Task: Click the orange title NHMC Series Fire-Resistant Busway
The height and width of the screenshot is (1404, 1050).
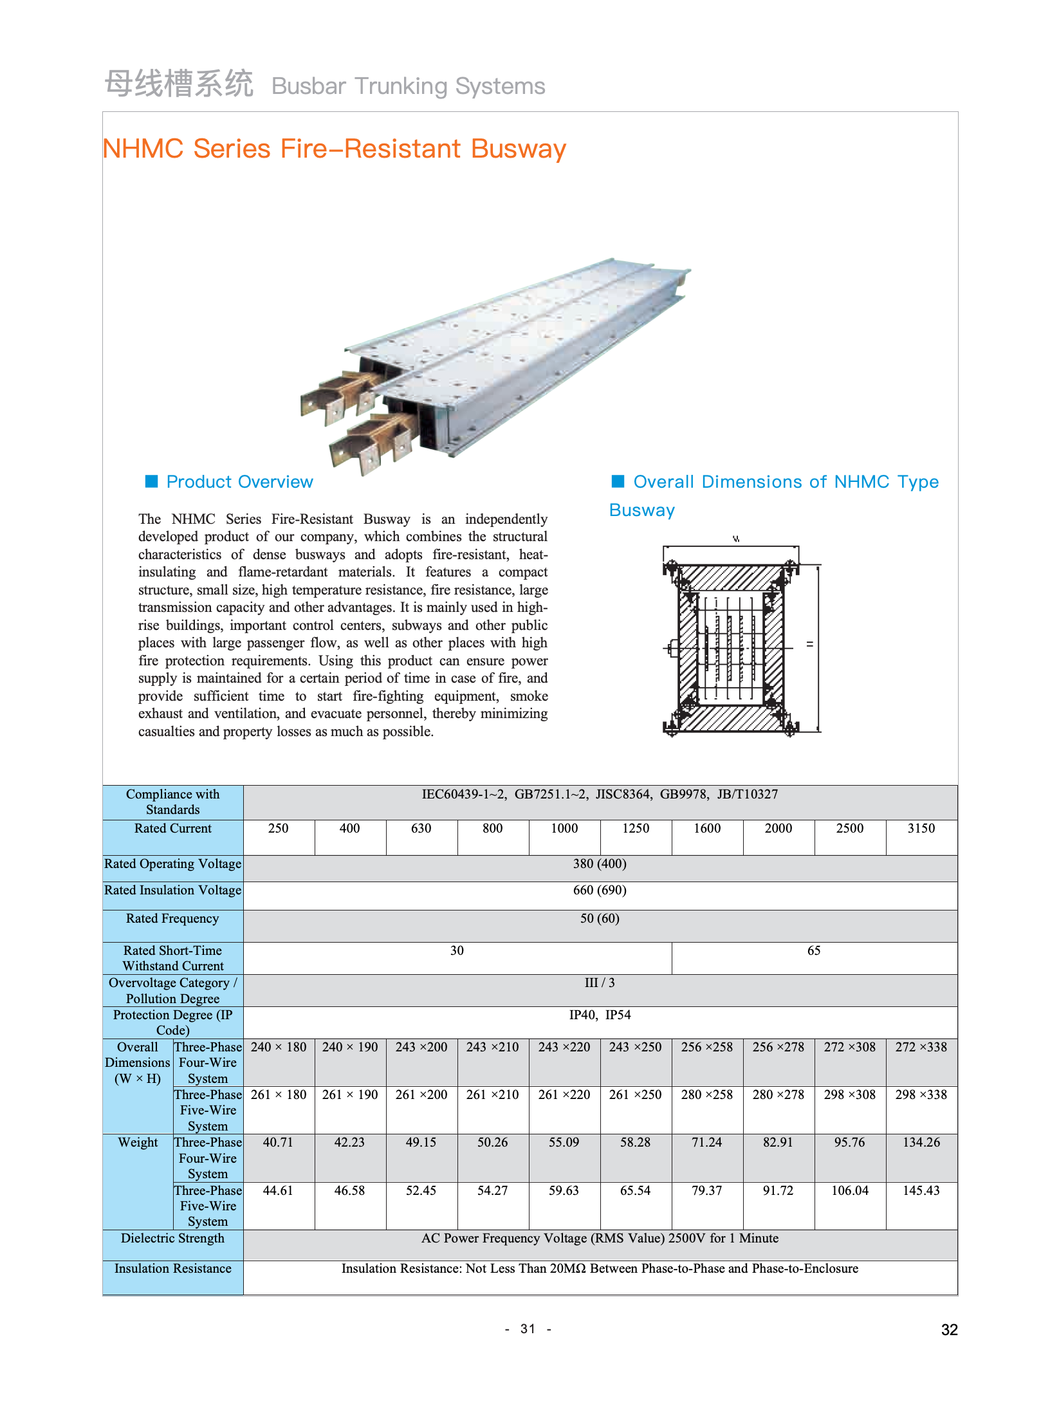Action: tap(334, 149)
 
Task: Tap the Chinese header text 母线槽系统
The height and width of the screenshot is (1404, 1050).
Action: tap(179, 84)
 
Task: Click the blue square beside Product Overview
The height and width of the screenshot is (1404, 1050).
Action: tap(152, 481)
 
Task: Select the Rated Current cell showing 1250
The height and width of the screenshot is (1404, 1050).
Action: tap(635, 829)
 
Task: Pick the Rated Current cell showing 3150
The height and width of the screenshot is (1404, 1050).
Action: tap(921, 829)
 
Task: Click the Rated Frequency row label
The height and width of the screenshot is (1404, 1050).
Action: tap(172, 919)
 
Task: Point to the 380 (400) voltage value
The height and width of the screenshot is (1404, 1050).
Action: tap(600, 864)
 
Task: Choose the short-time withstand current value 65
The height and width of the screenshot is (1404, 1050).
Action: tap(814, 951)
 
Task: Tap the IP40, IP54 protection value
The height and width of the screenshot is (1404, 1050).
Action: tap(600, 1015)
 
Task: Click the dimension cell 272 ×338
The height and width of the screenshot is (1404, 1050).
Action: tap(921, 1048)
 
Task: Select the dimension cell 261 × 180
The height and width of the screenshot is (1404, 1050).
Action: tap(279, 1095)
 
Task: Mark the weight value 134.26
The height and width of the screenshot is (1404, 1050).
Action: tap(921, 1143)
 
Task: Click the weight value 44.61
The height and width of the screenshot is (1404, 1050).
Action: tap(278, 1191)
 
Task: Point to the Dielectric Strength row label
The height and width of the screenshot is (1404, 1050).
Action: tap(172, 1239)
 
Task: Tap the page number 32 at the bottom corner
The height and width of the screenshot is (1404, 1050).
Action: tap(949, 1330)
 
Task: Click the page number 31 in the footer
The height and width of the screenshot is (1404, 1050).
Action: tap(528, 1329)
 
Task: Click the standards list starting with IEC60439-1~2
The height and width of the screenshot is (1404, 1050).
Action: tap(600, 795)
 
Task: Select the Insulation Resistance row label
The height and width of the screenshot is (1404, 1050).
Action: tap(172, 1269)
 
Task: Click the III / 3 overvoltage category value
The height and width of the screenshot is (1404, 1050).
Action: tap(600, 983)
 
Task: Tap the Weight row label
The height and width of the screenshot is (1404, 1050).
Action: tap(138, 1143)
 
